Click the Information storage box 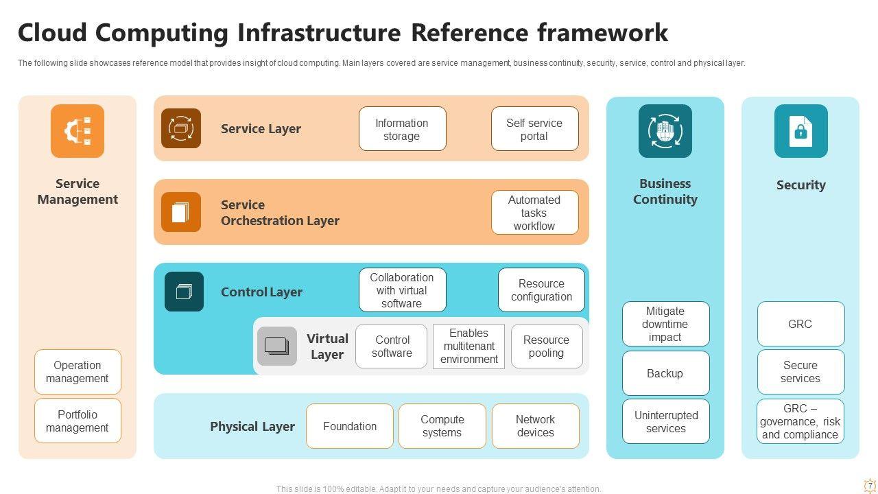tap(402, 129)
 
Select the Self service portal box tap(534, 129)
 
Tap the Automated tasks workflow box tap(534, 213)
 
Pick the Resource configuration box tap(541, 290)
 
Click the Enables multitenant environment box tap(468, 346)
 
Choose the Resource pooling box tap(546, 346)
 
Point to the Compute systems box tap(442, 426)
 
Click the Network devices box tap(535, 426)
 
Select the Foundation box tap(349, 426)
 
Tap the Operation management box tap(78, 372)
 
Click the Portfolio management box tap(78, 421)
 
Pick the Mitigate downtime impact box tap(665, 324)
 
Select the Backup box tap(665, 374)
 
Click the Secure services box tap(800, 372)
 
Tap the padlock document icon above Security tap(800, 131)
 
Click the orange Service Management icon tap(78, 131)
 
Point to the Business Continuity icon tap(665, 131)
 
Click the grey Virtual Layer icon tap(277, 346)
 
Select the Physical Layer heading tap(252, 427)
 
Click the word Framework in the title tap(602, 33)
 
